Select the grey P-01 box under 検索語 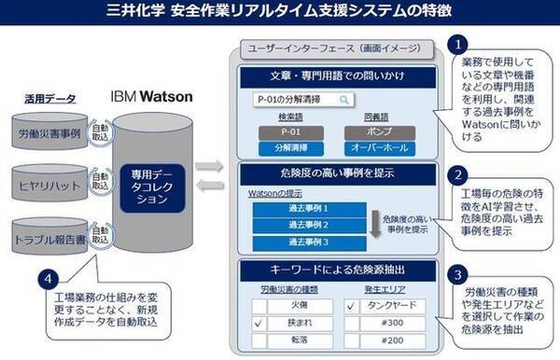coord(286,132)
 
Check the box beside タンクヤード coord(349,303)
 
